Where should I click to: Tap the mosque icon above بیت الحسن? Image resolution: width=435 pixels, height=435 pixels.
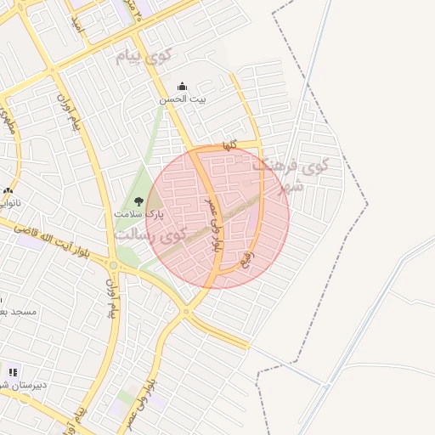click(x=182, y=87)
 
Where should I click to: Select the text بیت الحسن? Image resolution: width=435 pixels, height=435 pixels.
click(x=182, y=99)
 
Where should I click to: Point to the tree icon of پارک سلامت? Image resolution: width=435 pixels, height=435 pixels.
click(x=138, y=201)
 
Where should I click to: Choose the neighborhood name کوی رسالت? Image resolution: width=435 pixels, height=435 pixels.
click(x=155, y=235)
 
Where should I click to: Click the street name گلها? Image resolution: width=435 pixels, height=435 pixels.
click(x=229, y=146)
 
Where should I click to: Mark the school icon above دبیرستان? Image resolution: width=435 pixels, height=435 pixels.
click(x=13, y=370)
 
